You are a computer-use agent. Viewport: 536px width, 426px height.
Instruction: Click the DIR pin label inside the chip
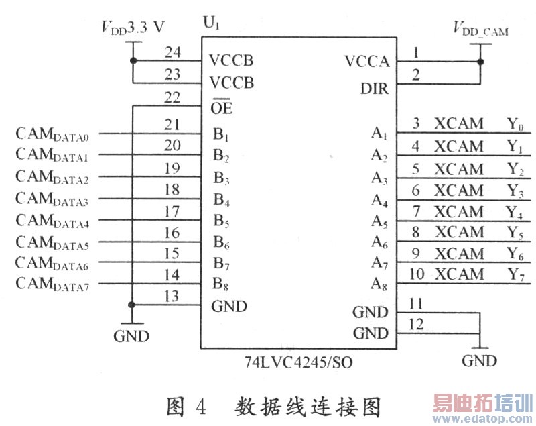pos(374,89)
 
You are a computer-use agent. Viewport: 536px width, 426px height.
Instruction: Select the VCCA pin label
pos(366,62)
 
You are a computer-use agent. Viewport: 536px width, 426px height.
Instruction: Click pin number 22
pos(172,97)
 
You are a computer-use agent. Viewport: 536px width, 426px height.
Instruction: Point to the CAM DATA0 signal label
pos(57,134)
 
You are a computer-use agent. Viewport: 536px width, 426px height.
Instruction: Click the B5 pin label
pos(222,220)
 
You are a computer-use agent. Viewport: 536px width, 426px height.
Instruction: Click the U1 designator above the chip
pos(211,25)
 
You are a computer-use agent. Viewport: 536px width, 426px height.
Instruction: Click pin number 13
pos(172,295)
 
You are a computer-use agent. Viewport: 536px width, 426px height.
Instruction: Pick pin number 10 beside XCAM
pos(417,274)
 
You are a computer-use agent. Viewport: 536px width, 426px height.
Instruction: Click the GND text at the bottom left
pos(131,336)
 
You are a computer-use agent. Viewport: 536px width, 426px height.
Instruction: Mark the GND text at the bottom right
pos(480,361)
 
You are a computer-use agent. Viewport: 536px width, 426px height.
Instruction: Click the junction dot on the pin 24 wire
pos(134,61)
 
